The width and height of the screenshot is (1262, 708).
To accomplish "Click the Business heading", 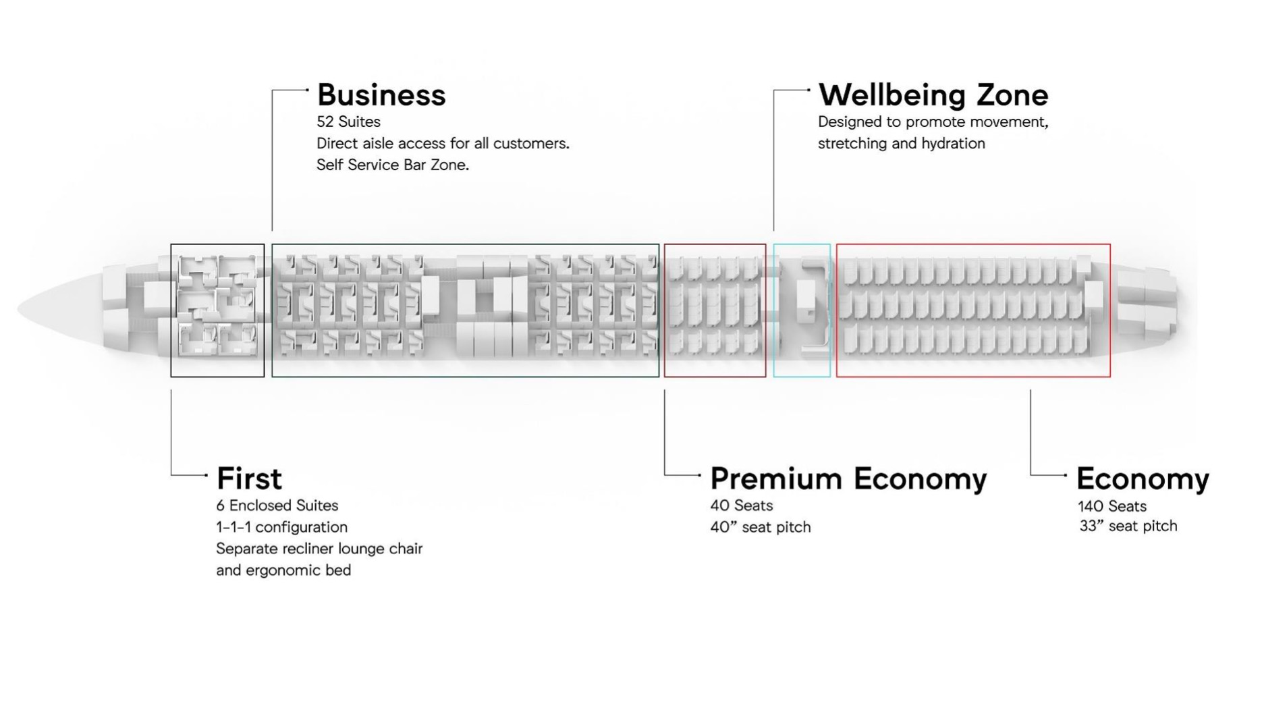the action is click(x=381, y=95).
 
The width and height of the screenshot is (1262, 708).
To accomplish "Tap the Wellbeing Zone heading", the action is click(x=933, y=95).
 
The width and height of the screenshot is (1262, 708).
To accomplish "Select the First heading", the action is click(x=249, y=479).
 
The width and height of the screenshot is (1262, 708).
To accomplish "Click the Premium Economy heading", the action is click(x=848, y=479).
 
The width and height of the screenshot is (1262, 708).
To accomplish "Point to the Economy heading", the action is click(x=1143, y=479).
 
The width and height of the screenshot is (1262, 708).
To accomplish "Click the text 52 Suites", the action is click(x=348, y=121).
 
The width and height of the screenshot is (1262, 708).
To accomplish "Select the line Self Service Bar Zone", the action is click(x=392, y=165).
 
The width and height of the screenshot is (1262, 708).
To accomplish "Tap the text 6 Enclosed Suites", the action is click(x=277, y=506).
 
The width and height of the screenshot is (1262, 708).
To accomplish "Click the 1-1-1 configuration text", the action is click(x=281, y=527).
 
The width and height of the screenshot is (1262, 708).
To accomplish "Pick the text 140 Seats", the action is click(x=1112, y=506).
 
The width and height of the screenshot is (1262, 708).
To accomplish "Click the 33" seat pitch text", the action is click(x=1128, y=526).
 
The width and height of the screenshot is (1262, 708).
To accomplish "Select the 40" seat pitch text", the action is click(x=761, y=527).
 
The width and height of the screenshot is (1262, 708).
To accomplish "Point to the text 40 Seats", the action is click(x=741, y=506).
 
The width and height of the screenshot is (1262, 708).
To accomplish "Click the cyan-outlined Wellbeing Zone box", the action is click(x=774, y=310).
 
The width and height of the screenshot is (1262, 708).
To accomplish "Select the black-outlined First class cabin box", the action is click(x=171, y=310).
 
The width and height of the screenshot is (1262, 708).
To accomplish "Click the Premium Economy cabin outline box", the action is click(x=665, y=310).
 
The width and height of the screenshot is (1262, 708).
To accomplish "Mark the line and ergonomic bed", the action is click(x=283, y=570).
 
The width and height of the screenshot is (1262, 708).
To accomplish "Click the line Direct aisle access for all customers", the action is click(x=443, y=143).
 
